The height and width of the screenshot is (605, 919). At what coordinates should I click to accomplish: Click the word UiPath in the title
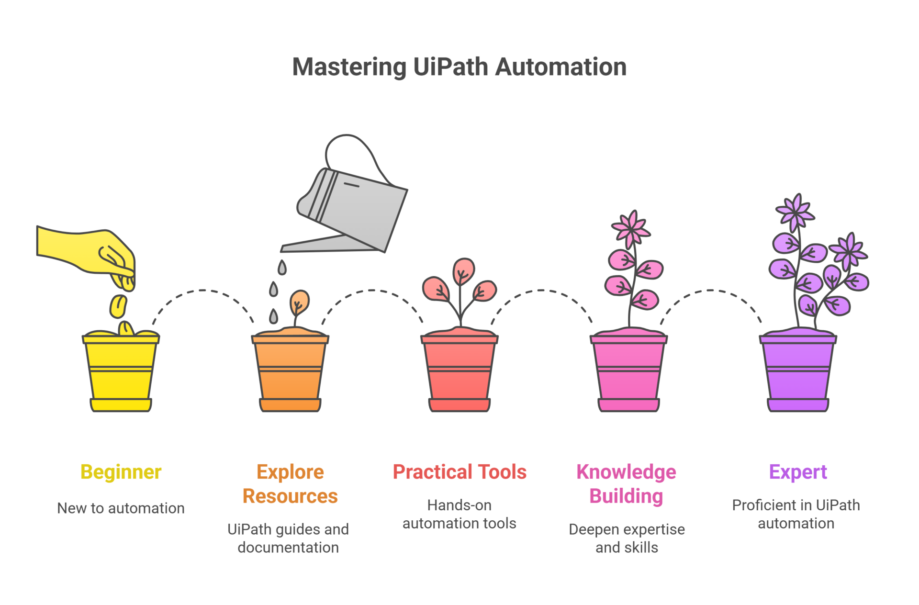coord(450,67)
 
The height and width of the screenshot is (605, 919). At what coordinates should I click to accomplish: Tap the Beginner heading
coord(121,472)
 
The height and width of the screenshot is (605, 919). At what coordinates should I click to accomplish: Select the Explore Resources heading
coord(290,484)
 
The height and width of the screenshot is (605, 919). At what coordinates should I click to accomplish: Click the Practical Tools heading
coord(459,472)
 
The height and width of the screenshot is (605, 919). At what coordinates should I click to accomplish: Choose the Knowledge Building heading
coord(627,484)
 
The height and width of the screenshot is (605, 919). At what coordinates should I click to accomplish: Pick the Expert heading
coord(798,472)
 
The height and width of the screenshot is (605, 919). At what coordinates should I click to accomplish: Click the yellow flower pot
coord(121,371)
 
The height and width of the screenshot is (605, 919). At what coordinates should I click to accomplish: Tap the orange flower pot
coord(290,370)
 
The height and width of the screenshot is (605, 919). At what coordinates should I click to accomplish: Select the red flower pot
coord(459,370)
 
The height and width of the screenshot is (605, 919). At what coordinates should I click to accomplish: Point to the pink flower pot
coord(628,370)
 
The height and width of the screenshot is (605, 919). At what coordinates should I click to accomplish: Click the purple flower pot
coord(798,370)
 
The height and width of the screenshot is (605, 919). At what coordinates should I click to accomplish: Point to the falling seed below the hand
coord(118,306)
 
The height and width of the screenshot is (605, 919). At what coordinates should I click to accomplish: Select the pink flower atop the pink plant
coord(631,228)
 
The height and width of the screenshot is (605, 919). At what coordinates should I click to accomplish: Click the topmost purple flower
coord(796,212)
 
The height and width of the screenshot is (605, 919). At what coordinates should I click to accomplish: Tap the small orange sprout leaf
coord(299,302)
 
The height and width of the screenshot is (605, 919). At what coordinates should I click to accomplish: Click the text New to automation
coord(121,508)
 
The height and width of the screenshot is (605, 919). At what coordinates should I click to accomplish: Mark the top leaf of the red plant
coord(463,271)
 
